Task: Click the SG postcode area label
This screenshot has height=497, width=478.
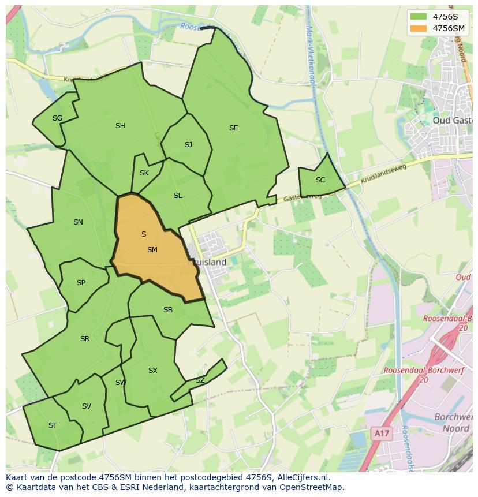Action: coord(57,118)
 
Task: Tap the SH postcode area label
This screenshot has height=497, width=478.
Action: coord(120,126)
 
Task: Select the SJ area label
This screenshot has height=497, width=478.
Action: coord(188,145)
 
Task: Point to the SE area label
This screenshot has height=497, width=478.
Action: coord(233,128)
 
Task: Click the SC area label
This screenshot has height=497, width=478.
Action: coord(320,180)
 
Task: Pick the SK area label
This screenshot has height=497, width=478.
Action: coord(144,173)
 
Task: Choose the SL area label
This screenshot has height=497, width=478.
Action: coord(178,196)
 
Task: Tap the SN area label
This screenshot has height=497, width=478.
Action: coord(78,222)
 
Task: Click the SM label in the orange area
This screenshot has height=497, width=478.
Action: coord(152,250)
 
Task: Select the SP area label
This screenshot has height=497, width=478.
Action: coord(81,283)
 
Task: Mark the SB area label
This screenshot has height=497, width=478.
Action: coord(168,310)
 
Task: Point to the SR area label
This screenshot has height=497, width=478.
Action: coord(85,339)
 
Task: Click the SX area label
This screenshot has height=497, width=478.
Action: coord(152,371)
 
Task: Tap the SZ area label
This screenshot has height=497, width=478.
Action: coord(200,380)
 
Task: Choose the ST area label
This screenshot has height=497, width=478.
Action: coord(53,425)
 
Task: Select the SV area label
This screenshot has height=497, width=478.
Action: coord(87,406)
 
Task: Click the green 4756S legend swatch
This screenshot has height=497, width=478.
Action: coord(419,17)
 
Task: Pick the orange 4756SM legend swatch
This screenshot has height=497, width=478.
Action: coord(419,28)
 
